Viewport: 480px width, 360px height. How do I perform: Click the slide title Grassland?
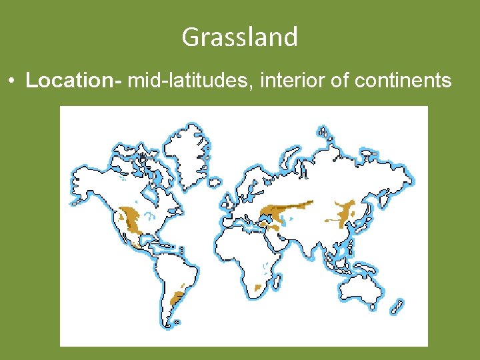[239, 37]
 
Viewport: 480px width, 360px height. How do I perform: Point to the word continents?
[403, 81]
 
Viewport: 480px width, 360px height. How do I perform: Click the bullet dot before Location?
[13, 81]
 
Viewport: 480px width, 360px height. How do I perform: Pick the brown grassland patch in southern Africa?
[258, 289]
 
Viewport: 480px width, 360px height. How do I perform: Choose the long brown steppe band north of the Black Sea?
[287, 209]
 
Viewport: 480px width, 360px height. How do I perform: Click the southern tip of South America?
[175, 323]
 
